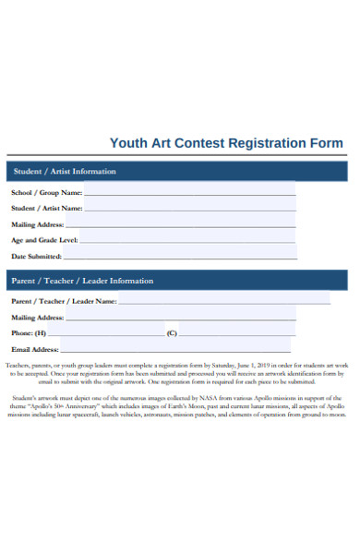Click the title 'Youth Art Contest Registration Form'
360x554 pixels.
point(226,143)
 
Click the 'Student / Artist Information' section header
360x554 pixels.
point(64,172)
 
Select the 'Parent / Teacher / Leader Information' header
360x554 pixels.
point(82,281)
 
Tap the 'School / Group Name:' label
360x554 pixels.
point(46,193)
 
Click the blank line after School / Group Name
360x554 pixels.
point(189,195)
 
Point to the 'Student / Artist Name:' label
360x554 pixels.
point(47,209)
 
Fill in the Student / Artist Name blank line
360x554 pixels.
point(190,211)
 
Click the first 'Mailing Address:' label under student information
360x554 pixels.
point(37,224)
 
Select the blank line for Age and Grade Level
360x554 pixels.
point(189,242)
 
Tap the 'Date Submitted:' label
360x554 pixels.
point(36,256)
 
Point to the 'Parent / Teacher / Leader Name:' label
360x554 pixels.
point(64,301)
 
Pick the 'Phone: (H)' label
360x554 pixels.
point(28,332)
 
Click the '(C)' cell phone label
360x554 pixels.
point(171,332)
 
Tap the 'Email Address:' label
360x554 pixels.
point(34,350)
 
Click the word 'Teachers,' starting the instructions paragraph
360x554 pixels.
point(18,366)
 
